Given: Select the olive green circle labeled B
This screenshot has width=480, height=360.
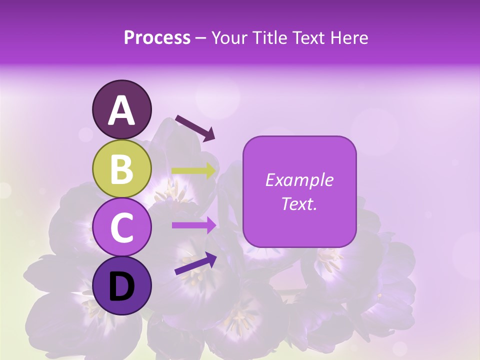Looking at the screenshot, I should (121, 169).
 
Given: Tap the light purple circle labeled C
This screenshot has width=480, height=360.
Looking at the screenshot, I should (121, 227).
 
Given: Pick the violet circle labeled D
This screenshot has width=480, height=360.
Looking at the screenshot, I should (121, 286).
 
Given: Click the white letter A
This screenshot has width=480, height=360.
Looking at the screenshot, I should (121, 111).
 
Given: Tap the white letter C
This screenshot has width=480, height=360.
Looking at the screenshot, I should (121, 228).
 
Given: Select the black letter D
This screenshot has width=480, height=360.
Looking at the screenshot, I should (121, 286).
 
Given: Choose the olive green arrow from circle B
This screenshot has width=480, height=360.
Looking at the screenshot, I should (194, 170).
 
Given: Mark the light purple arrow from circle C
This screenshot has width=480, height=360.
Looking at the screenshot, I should (194, 225).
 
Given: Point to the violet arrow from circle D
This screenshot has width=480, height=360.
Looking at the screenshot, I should (195, 263).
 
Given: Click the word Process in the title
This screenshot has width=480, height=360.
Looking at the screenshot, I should (157, 37).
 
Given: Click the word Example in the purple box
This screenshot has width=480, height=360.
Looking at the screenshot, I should (299, 180).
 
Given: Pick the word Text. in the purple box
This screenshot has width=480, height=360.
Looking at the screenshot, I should (299, 203).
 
